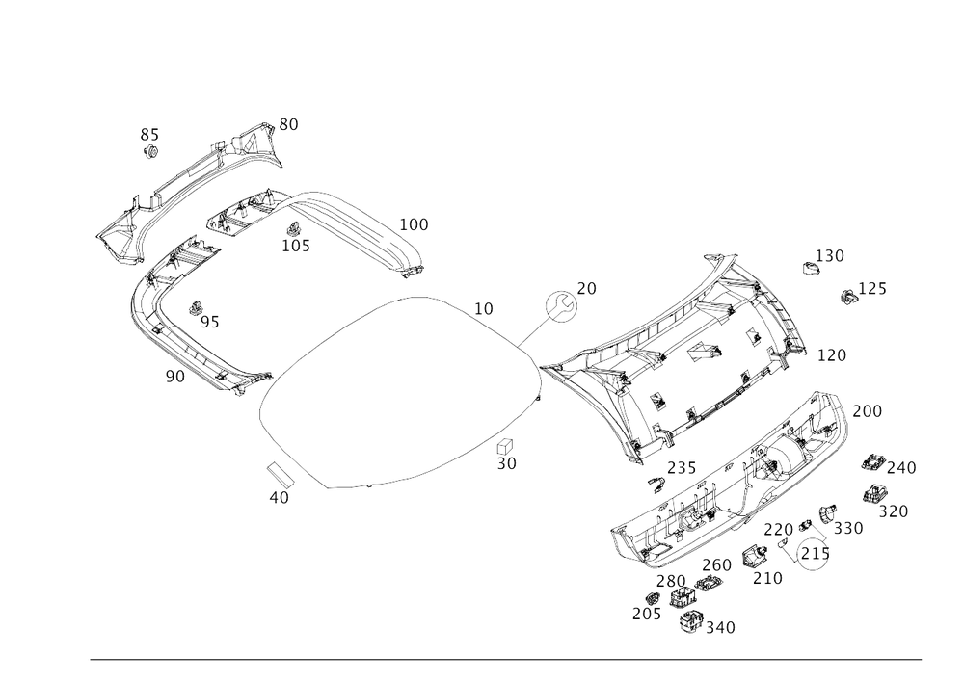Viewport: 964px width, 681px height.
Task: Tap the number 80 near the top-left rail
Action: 288,122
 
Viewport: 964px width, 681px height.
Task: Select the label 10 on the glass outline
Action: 484,308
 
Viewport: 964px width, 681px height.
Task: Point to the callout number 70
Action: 587,286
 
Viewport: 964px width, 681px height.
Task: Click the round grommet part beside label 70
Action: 560,306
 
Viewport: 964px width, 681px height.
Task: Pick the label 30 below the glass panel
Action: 507,463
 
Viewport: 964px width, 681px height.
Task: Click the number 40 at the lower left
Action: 280,498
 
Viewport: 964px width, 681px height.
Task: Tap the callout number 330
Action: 848,528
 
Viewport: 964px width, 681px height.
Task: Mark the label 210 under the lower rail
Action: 767,577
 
